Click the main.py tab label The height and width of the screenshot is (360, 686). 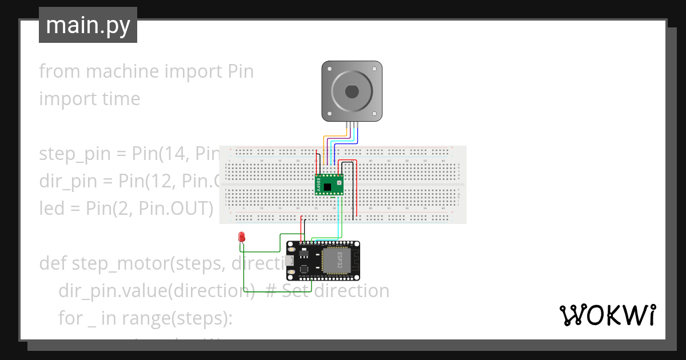coord(87,25)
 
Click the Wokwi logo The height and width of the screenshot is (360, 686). coord(607,315)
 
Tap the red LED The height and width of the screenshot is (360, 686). coord(241,237)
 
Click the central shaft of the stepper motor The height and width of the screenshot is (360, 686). coord(352,91)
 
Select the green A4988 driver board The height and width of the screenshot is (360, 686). coord(330,185)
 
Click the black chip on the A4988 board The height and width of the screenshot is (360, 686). coord(328,187)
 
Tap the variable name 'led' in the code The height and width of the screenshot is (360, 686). coord(52,208)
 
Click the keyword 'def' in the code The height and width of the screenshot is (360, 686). coord(53,263)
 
